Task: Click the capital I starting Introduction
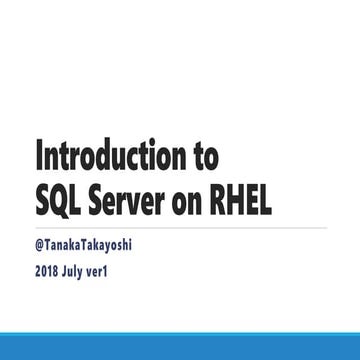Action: point(40,158)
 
